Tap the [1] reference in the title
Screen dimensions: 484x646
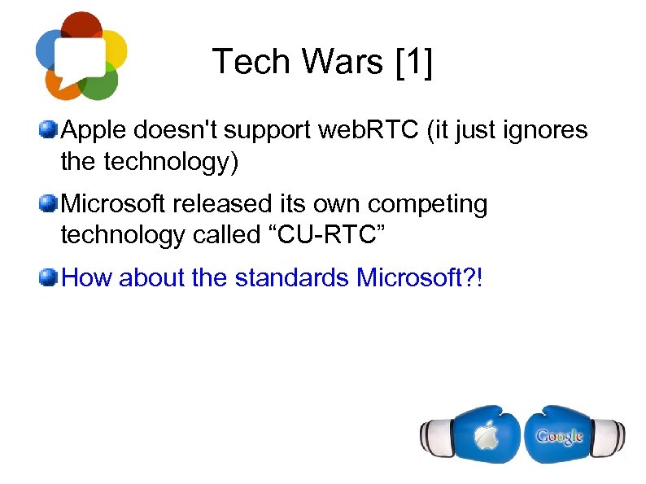(412, 62)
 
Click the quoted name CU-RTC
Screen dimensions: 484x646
(325, 235)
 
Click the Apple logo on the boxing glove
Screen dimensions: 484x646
(486, 435)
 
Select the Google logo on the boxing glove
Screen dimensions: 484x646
(559, 436)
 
